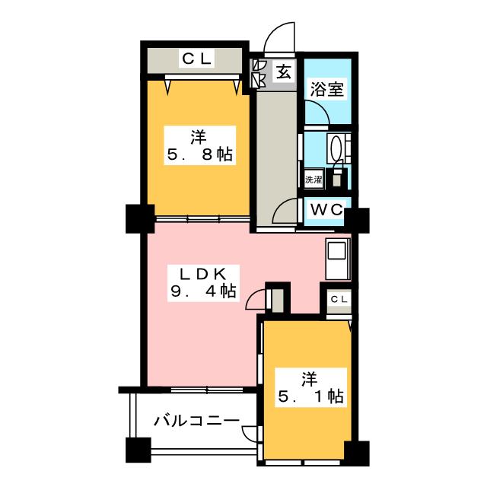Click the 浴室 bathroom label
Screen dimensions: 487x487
(327, 90)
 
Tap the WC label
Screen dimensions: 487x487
(326, 210)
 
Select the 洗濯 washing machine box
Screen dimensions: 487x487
(314, 179)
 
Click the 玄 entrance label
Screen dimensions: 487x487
(284, 72)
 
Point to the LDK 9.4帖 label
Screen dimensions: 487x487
(203, 282)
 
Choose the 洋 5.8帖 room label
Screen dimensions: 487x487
(199, 145)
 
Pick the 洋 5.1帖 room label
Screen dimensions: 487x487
(310, 387)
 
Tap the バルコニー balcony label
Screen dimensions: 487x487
(197, 421)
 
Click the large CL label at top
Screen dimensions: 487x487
(197, 59)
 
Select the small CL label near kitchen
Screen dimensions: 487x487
(339, 299)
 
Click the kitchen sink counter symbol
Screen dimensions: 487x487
(338, 259)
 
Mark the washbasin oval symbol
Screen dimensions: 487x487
(336, 148)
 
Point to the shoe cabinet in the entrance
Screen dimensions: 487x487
(259, 74)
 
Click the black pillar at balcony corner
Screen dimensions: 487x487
(138, 450)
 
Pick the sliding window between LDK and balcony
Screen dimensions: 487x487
(207, 390)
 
